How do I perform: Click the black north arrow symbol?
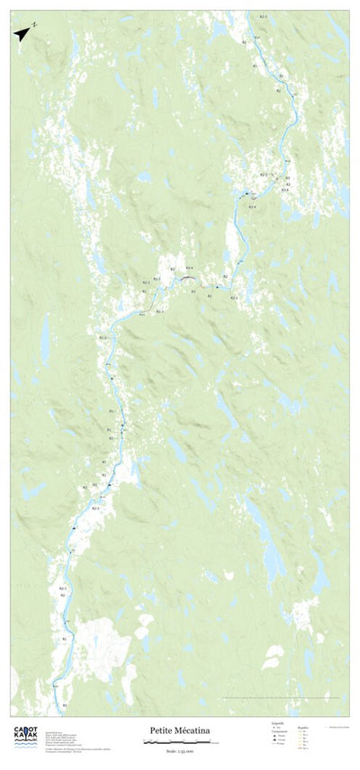21,33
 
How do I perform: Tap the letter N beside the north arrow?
33,24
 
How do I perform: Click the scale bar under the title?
179,742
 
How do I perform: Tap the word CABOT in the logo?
24,730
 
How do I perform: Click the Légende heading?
277,721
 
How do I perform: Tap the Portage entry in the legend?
280,744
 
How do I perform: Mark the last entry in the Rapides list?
302,748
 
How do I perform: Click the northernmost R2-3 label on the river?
264,16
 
